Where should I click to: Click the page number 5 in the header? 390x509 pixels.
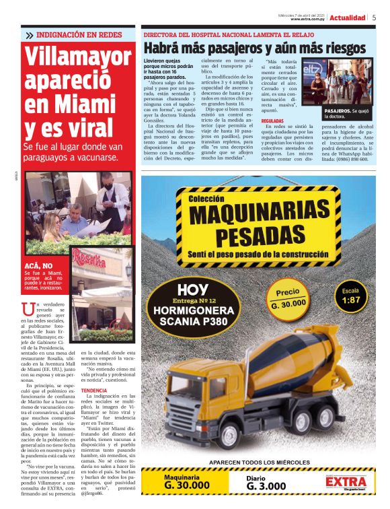(x=374, y=18)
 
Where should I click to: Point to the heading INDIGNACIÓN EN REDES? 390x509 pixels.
(x=74, y=34)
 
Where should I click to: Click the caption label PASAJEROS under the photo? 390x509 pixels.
(x=337, y=110)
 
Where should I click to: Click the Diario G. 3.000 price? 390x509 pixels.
(x=268, y=482)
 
